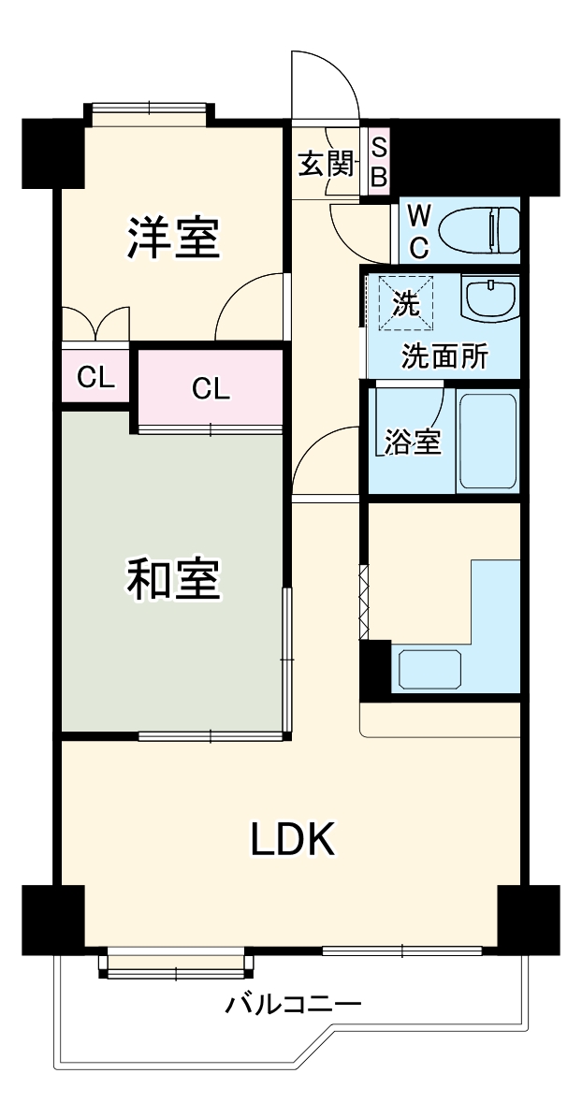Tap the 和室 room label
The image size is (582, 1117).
click(174, 580)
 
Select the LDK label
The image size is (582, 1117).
click(292, 840)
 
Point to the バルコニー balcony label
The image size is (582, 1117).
click(292, 1007)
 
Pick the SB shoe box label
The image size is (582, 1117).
click(379, 162)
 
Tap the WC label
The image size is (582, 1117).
click(420, 231)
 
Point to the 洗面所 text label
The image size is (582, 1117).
click(444, 356)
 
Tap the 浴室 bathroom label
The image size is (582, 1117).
click(413, 442)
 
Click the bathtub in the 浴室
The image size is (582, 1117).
click(487, 440)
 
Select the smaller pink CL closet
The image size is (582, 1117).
click(95, 378)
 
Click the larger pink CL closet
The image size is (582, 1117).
click(211, 388)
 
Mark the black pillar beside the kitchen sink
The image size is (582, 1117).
click(374, 669)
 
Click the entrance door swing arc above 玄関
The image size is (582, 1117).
click(323, 84)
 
